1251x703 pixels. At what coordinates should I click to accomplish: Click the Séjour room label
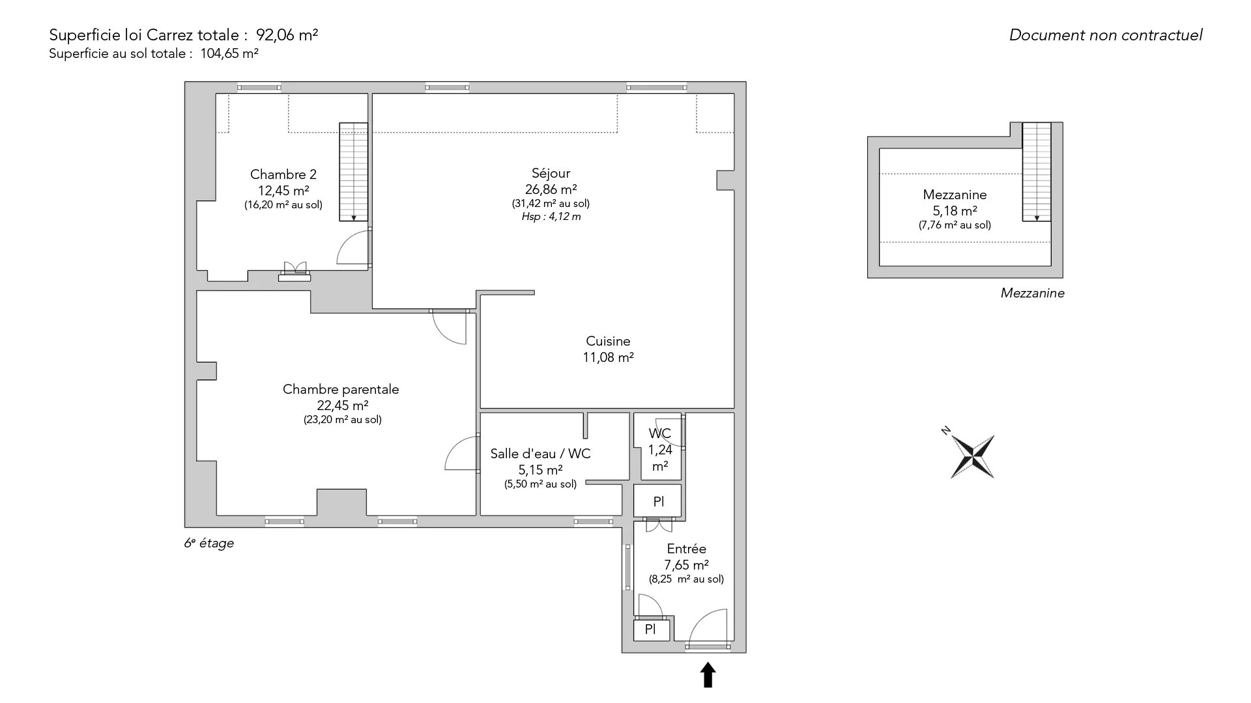[x=551, y=173]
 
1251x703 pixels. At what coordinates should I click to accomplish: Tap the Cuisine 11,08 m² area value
[x=608, y=357]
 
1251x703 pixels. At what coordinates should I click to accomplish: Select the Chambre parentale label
[x=341, y=389]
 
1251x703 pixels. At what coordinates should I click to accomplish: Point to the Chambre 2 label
[x=283, y=174]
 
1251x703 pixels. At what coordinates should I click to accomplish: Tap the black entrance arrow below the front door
[x=708, y=675]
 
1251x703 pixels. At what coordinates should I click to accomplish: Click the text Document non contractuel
[x=1106, y=35]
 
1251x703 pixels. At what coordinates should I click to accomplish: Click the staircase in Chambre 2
[x=353, y=172]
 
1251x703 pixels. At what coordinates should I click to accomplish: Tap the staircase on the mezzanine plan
[x=1037, y=172]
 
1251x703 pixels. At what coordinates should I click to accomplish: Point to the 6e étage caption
[x=208, y=543]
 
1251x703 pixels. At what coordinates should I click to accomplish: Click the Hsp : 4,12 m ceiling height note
[x=551, y=217]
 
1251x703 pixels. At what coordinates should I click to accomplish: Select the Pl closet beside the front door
[x=650, y=629]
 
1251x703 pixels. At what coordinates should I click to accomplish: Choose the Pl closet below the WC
[x=658, y=501]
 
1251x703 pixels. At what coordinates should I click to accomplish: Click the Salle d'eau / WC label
[x=541, y=454]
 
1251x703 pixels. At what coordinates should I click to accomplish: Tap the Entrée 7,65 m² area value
[x=687, y=565]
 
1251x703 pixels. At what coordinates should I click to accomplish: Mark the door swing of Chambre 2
[x=353, y=247]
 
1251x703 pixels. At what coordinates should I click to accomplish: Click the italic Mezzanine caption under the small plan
[x=1033, y=294]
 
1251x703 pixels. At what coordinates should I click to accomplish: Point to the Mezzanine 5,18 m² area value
[x=955, y=211]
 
